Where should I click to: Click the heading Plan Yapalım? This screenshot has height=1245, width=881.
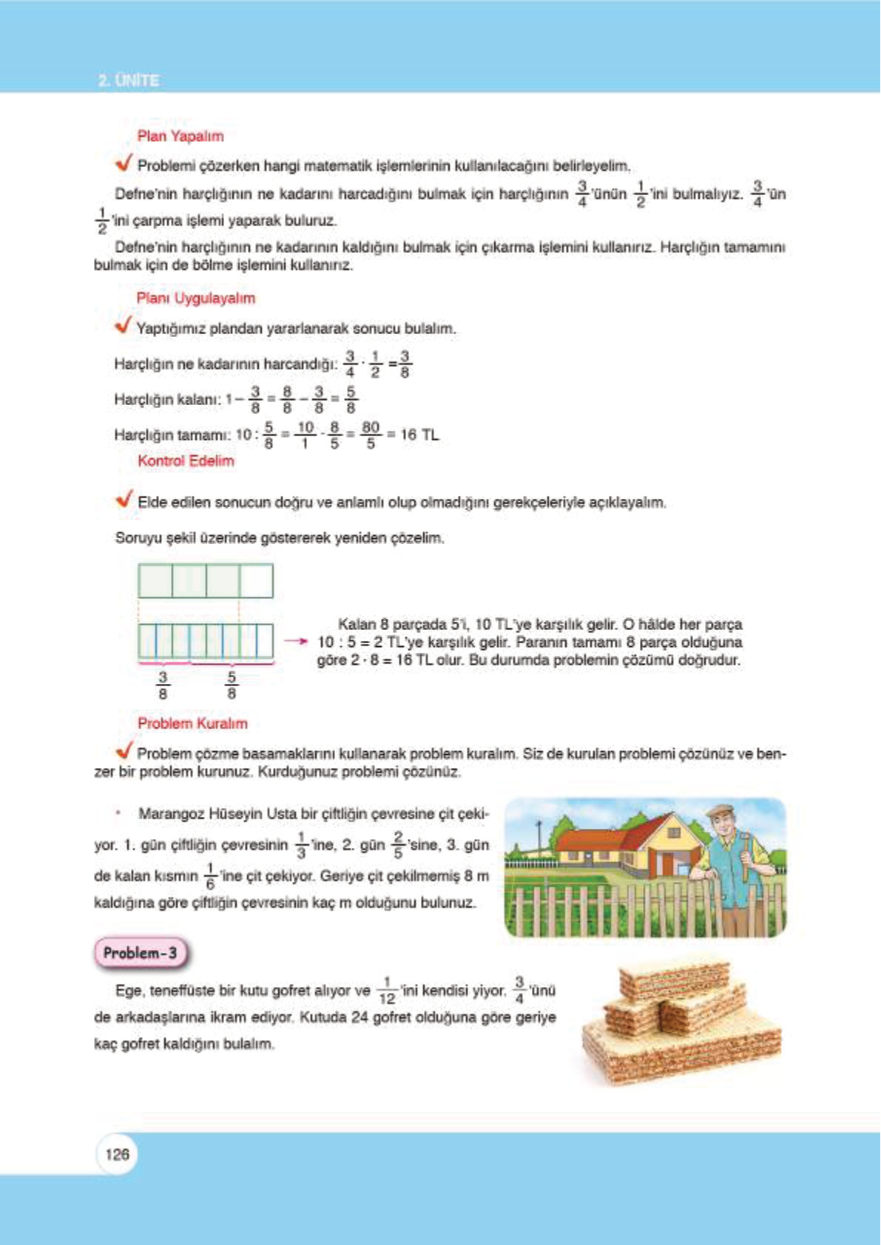(180, 136)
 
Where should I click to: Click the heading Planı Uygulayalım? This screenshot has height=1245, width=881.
(195, 298)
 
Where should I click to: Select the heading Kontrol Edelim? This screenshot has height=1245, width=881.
(186, 461)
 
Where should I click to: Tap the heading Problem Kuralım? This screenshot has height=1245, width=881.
(192, 723)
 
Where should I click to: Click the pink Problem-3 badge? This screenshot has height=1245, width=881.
(141, 953)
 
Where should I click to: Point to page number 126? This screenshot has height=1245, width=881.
(117, 1154)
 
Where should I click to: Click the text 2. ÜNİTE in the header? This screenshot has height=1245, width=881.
(129, 80)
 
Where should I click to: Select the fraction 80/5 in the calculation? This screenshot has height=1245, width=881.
(371, 435)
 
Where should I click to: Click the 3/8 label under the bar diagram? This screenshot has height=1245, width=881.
(163, 685)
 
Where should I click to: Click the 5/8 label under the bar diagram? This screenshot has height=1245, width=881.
(232, 685)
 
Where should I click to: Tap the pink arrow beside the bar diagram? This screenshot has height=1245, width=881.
(296, 641)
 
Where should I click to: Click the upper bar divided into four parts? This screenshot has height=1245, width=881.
(206, 580)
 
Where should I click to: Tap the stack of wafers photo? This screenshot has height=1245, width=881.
(681, 1024)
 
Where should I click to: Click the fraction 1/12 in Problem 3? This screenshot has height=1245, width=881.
(387, 991)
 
